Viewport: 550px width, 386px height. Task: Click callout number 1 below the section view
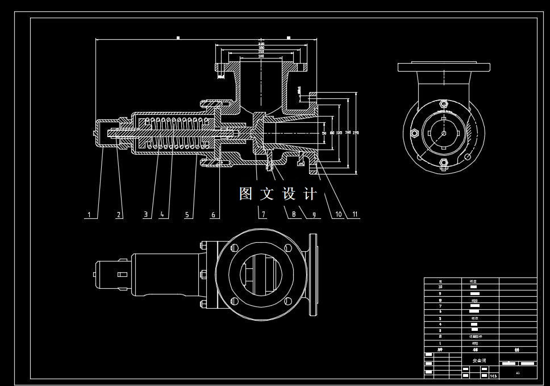89,215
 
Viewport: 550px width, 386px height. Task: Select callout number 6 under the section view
214,215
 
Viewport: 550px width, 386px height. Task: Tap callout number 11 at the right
355,214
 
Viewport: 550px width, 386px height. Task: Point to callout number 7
262,215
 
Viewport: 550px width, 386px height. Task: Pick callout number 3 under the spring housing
146,215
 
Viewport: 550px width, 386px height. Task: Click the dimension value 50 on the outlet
324,132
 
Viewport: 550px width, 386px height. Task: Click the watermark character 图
245,194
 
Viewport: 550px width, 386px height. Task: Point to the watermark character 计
310,194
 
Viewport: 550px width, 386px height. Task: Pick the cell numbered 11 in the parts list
440,281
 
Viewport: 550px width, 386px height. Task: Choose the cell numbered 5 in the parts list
440,312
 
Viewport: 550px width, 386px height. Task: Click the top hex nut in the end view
444,104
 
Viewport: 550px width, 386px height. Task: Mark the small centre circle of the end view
444,134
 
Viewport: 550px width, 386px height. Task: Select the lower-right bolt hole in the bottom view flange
287,301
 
